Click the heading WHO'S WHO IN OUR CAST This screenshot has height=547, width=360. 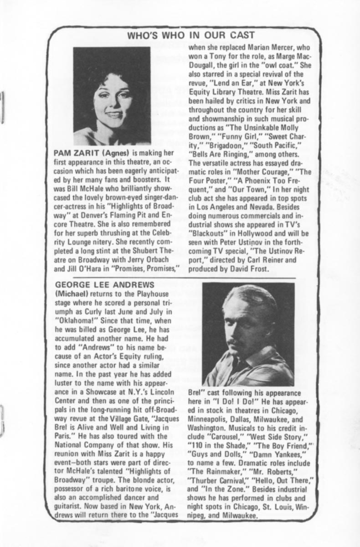point(190,36)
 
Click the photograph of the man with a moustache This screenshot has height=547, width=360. point(249,334)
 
